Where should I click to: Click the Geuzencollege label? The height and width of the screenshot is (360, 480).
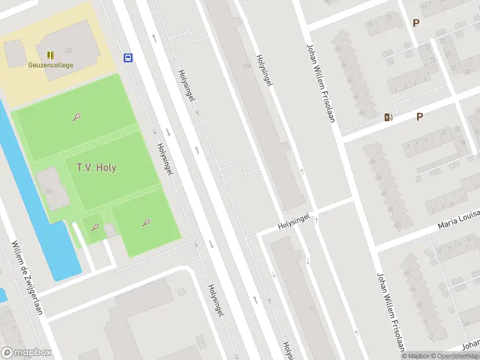[x=50, y=65]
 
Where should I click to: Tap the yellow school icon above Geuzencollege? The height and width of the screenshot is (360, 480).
[x=50, y=55]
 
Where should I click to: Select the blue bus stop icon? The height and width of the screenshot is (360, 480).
[x=128, y=58]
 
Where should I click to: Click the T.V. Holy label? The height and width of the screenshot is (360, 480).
[x=97, y=167]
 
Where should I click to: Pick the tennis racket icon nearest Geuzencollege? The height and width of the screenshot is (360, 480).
[x=77, y=117]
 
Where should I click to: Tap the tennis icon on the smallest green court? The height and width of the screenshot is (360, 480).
[x=95, y=227]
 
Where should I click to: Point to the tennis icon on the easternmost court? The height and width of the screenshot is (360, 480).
[x=146, y=223]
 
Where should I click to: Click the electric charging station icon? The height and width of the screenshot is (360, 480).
[x=388, y=118]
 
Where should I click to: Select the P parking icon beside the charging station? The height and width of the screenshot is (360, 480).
[x=419, y=117]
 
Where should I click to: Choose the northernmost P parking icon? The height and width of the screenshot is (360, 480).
[x=415, y=23]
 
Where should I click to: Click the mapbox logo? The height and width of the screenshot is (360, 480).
[x=26, y=353]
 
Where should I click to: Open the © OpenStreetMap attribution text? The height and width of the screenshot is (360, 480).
[x=453, y=356]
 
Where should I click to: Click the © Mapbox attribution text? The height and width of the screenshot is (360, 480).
[x=416, y=356]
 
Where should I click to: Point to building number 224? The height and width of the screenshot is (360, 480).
[x=247, y=65]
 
